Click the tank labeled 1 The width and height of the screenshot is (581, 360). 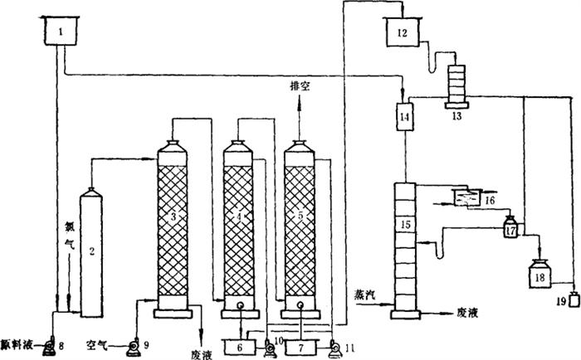coord(59,33)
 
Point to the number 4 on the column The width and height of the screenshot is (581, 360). coord(238,217)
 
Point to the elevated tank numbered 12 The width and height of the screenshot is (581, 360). coord(403,34)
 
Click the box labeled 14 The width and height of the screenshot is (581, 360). coord(405,118)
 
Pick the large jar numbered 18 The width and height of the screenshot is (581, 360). coord(541,275)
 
